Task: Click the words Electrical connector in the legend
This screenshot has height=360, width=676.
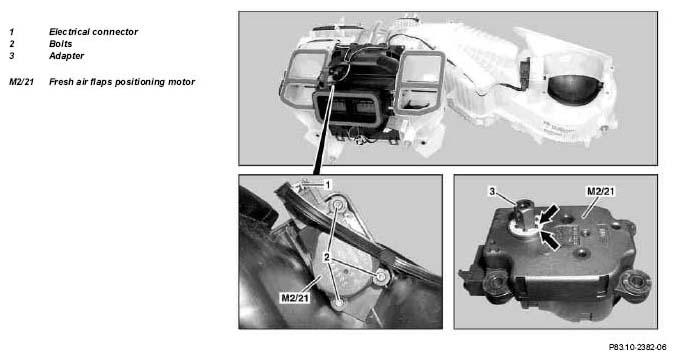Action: (x=93, y=32)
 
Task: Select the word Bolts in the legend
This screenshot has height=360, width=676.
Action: (x=60, y=44)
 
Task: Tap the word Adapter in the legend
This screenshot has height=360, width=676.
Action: (x=66, y=56)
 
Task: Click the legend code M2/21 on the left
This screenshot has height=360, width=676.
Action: (x=21, y=82)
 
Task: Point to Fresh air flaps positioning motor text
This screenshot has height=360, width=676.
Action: (x=122, y=82)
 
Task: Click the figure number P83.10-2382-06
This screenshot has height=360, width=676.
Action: (x=638, y=347)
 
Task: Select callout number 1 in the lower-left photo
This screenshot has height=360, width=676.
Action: (x=328, y=185)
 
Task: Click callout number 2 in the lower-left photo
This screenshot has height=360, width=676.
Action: (x=327, y=258)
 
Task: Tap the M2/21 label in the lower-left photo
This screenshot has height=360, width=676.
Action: (x=295, y=297)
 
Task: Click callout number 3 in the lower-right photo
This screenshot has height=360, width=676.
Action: (x=492, y=192)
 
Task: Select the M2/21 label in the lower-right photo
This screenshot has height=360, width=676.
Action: (x=601, y=191)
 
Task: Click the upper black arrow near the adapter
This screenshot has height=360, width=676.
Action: (x=548, y=215)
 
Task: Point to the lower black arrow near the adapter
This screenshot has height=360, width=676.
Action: (x=550, y=240)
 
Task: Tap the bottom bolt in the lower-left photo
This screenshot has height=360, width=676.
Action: (x=339, y=304)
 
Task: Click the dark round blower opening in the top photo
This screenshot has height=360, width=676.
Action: (x=574, y=89)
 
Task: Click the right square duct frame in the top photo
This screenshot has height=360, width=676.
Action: (x=419, y=83)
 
